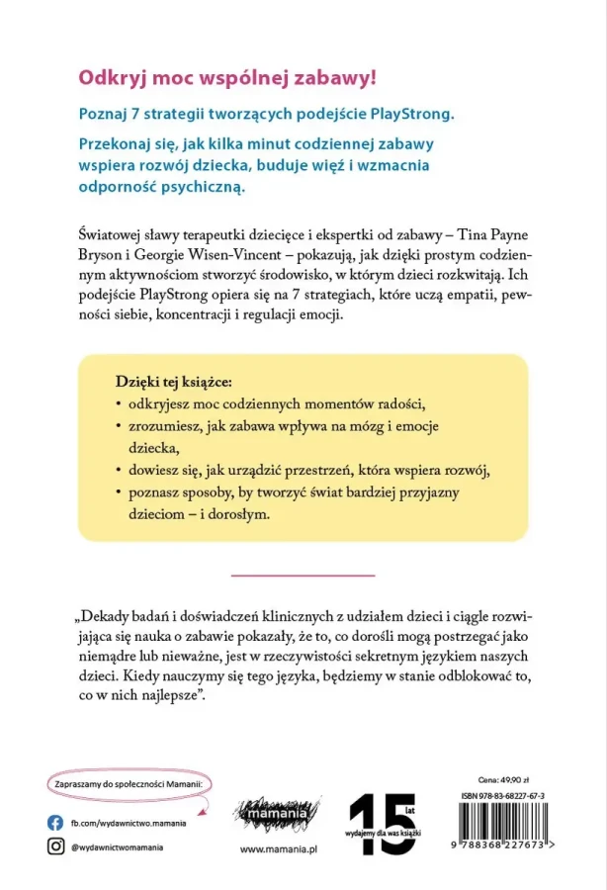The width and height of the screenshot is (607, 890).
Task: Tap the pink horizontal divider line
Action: tap(303, 573)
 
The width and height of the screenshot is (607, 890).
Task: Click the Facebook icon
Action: tap(56, 822)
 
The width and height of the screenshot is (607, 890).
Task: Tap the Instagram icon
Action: tap(56, 846)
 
